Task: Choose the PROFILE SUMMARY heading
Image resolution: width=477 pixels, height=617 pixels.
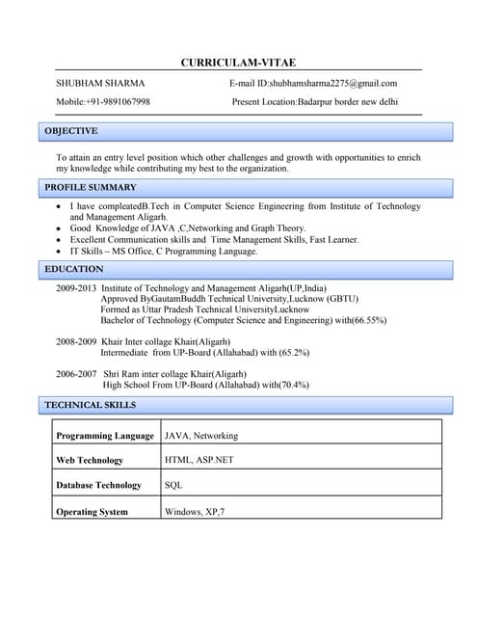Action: pyautogui.click(x=91, y=187)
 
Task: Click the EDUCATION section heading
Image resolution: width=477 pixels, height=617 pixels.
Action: pyautogui.click(x=74, y=269)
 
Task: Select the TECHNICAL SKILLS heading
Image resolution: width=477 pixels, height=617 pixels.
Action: pyautogui.click(x=91, y=405)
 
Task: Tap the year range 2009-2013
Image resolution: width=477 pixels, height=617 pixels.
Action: pyautogui.click(x=76, y=288)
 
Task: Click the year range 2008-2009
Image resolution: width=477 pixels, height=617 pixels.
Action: pyautogui.click(x=76, y=342)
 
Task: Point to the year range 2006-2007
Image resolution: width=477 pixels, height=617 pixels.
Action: pyautogui.click(x=76, y=374)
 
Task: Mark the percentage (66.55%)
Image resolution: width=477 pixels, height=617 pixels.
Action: pyautogui.click(x=369, y=320)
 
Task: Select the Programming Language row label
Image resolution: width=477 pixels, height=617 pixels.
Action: pyautogui.click(x=105, y=436)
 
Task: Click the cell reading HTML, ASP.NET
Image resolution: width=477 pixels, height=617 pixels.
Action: pyautogui.click(x=199, y=461)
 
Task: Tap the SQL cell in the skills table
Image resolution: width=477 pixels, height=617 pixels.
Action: pyautogui.click(x=173, y=486)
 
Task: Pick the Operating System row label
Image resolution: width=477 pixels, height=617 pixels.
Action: pyautogui.click(x=92, y=512)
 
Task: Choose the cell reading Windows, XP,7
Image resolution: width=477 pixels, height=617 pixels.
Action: pyautogui.click(x=195, y=512)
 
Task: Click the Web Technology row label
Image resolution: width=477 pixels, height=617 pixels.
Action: pyautogui.click(x=90, y=461)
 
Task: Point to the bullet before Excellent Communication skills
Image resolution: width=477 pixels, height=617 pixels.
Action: pyautogui.click(x=60, y=240)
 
